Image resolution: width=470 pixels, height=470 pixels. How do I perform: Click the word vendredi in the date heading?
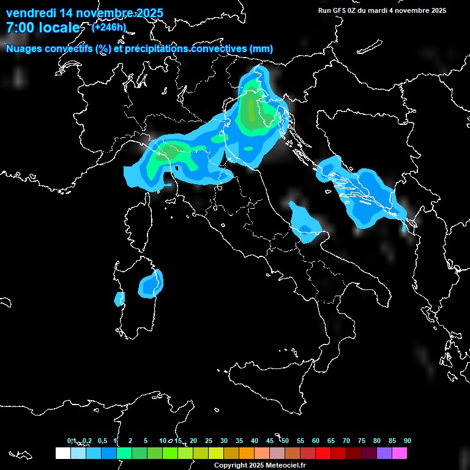(x=30, y=13)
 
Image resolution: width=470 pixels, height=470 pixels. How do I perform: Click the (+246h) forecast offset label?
(x=109, y=27)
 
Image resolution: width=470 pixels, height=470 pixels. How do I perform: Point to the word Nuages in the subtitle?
(x=23, y=48)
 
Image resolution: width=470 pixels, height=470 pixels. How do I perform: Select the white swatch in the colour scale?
(x=62, y=453)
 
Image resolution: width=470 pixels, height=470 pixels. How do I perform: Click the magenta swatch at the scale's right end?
(x=400, y=453)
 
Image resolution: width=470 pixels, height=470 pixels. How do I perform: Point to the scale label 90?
(x=408, y=441)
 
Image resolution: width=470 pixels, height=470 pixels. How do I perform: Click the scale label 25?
(x=209, y=441)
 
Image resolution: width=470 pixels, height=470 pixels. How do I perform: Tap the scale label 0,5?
(x=102, y=441)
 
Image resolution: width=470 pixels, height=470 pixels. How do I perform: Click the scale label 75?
(x=362, y=441)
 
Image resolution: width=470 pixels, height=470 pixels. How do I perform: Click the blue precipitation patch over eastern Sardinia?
(x=151, y=283)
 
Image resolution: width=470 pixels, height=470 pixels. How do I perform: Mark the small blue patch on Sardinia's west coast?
(x=119, y=299)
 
